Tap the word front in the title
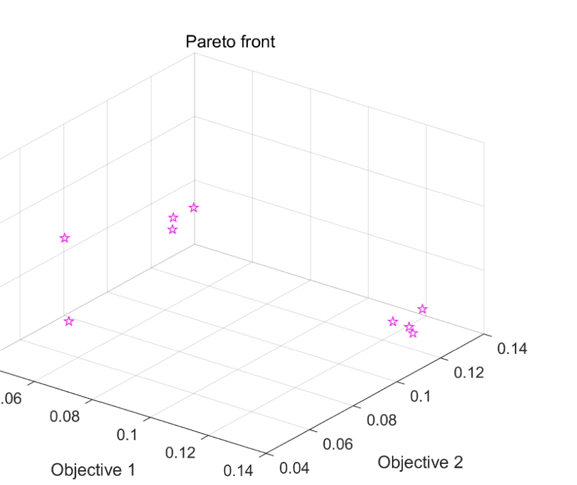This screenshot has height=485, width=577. point(256,42)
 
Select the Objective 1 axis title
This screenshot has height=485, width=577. point(93,470)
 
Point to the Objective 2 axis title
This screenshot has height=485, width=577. point(420,462)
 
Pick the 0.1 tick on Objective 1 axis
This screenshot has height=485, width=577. point(127,435)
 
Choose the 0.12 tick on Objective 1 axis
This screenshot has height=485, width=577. point(181,452)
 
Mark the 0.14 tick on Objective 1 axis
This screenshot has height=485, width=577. point(239,470)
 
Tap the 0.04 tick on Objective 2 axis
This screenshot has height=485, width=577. point(295,468)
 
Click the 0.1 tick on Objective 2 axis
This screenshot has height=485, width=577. point(421,396)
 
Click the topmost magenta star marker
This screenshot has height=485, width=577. point(193,207)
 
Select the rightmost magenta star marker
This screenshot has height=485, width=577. point(422,310)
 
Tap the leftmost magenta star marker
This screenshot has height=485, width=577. point(64,238)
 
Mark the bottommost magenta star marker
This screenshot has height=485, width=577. point(413,333)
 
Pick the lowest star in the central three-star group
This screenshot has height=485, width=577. point(172,230)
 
